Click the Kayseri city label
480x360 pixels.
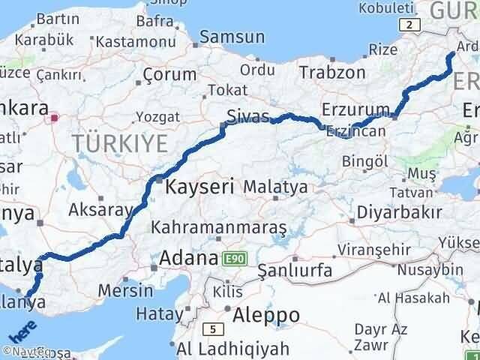click(200, 184)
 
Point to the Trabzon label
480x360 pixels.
click(332, 72)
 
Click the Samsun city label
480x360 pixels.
click(232, 37)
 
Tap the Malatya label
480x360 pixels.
click(275, 187)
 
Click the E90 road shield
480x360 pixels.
click(235, 259)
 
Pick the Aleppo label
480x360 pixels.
click(266, 314)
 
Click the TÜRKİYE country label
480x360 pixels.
click(121, 142)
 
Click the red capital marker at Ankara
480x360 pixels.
click(55, 117)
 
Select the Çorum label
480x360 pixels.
click(169, 75)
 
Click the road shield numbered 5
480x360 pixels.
click(214, 328)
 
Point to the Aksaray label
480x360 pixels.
click(100, 210)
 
